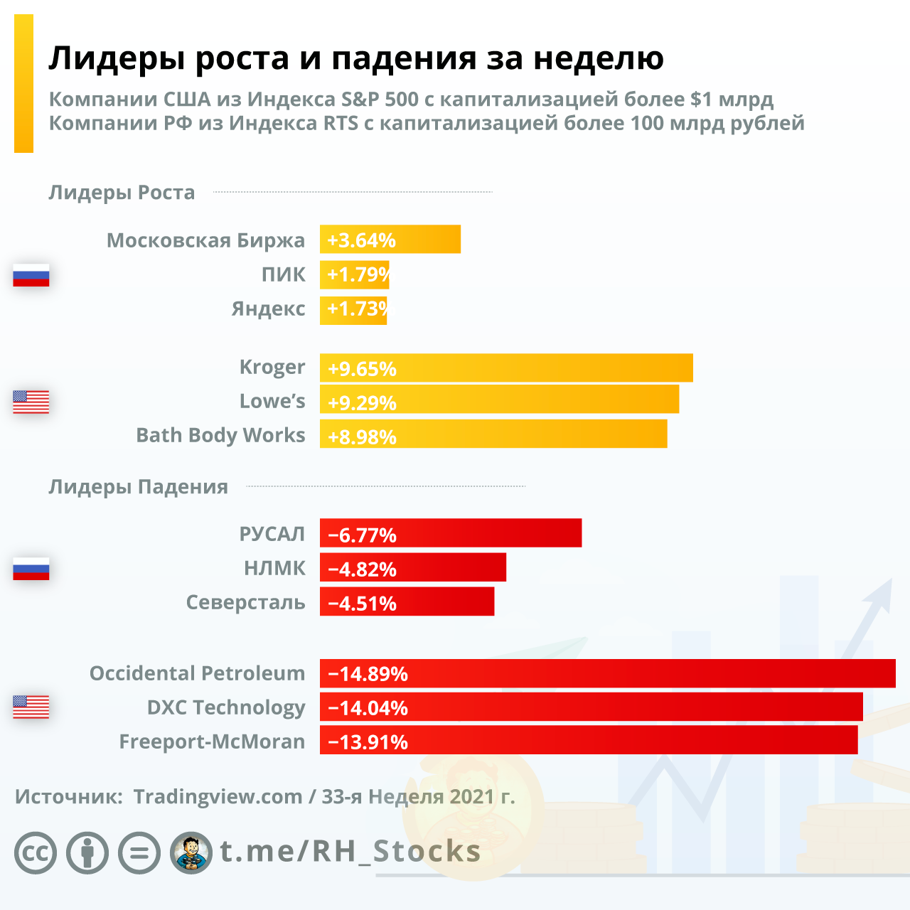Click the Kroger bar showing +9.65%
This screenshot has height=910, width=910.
click(506, 368)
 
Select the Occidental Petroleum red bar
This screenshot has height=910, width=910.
click(607, 673)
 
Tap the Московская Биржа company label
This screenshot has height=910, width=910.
click(205, 240)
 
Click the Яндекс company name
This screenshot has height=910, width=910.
click(268, 309)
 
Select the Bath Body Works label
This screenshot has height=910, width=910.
click(220, 435)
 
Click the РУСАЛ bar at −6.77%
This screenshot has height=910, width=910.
click(451, 533)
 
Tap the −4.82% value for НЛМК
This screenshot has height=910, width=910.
click(362, 569)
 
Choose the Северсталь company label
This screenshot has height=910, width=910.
click(245, 602)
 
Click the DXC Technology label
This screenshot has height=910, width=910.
click(226, 707)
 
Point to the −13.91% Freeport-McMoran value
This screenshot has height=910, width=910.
click(368, 742)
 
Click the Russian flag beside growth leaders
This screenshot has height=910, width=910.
click(31, 275)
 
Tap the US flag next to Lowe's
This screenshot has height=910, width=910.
click(31, 402)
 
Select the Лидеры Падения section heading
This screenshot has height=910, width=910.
click(138, 487)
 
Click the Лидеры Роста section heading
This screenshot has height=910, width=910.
click(122, 193)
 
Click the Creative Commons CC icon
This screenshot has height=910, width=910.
click(36, 852)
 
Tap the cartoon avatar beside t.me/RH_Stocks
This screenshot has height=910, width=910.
click(191, 852)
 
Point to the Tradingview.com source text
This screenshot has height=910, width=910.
click(218, 796)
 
